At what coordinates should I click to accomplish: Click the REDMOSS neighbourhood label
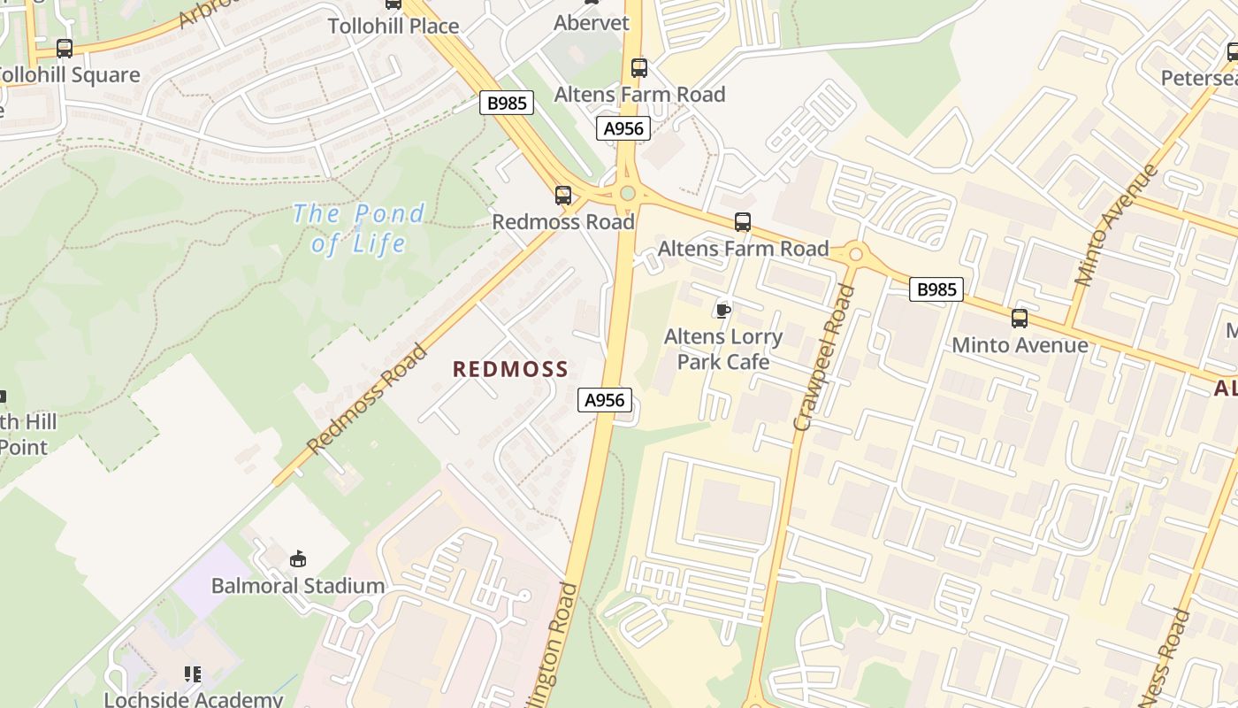[x=510, y=369]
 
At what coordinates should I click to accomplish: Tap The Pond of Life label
[x=358, y=228]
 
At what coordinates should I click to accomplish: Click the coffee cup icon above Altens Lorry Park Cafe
[x=723, y=310]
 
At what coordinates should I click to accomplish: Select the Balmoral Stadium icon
[x=298, y=558]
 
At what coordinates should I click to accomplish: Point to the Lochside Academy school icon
[x=193, y=674]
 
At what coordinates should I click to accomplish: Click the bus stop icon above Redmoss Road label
[x=563, y=196]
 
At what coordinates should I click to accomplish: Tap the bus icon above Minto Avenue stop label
[x=1020, y=319]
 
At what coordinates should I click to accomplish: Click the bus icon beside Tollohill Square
[x=65, y=49]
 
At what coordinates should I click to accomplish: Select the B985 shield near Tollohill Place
[x=508, y=103]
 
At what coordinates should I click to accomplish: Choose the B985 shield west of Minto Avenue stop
[x=936, y=289]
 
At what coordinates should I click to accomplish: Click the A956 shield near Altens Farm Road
[x=623, y=128]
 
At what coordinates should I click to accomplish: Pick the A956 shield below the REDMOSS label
[x=606, y=400]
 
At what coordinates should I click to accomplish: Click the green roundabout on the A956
[x=628, y=193]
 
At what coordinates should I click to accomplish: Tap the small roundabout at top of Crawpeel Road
[x=855, y=255]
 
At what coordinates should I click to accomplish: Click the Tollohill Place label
[x=394, y=26]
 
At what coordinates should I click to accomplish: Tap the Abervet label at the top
[x=592, y=23]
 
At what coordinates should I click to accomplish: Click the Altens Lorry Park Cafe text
[x=723, y=349]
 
